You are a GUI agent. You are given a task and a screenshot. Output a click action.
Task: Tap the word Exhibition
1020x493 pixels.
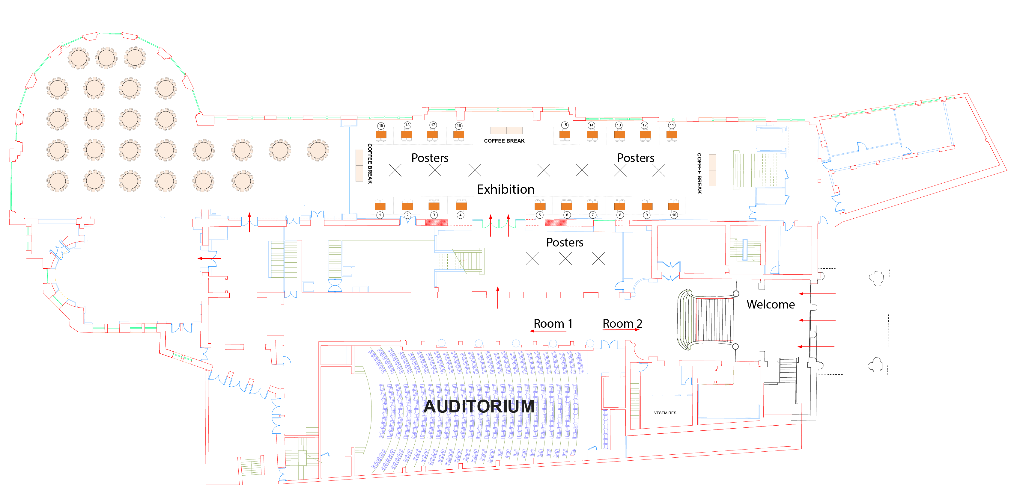[x=505, y=190]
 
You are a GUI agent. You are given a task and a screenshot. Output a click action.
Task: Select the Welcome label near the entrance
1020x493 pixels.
[x=770, y=304]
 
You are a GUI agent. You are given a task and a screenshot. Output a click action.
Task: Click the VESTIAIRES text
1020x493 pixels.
[x=665, y=413]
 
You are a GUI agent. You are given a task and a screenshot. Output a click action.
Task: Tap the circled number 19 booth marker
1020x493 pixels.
[x=381, y=126]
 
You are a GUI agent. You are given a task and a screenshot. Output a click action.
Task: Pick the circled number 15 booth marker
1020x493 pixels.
[x=565, y=125]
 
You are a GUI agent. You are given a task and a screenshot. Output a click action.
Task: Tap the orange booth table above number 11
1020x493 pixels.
[x=672, y=134]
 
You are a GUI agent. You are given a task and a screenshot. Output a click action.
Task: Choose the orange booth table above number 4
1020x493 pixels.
[x=461, y=206]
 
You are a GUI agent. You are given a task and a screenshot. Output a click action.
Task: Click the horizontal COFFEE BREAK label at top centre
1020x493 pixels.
[x=504, y=141]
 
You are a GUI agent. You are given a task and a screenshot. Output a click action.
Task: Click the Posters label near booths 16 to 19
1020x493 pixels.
[x=430, y=158]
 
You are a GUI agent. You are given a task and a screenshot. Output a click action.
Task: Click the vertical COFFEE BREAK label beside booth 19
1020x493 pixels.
[x=370, y=164]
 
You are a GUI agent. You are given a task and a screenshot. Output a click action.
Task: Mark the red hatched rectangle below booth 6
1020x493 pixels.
[x=556, y=223]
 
